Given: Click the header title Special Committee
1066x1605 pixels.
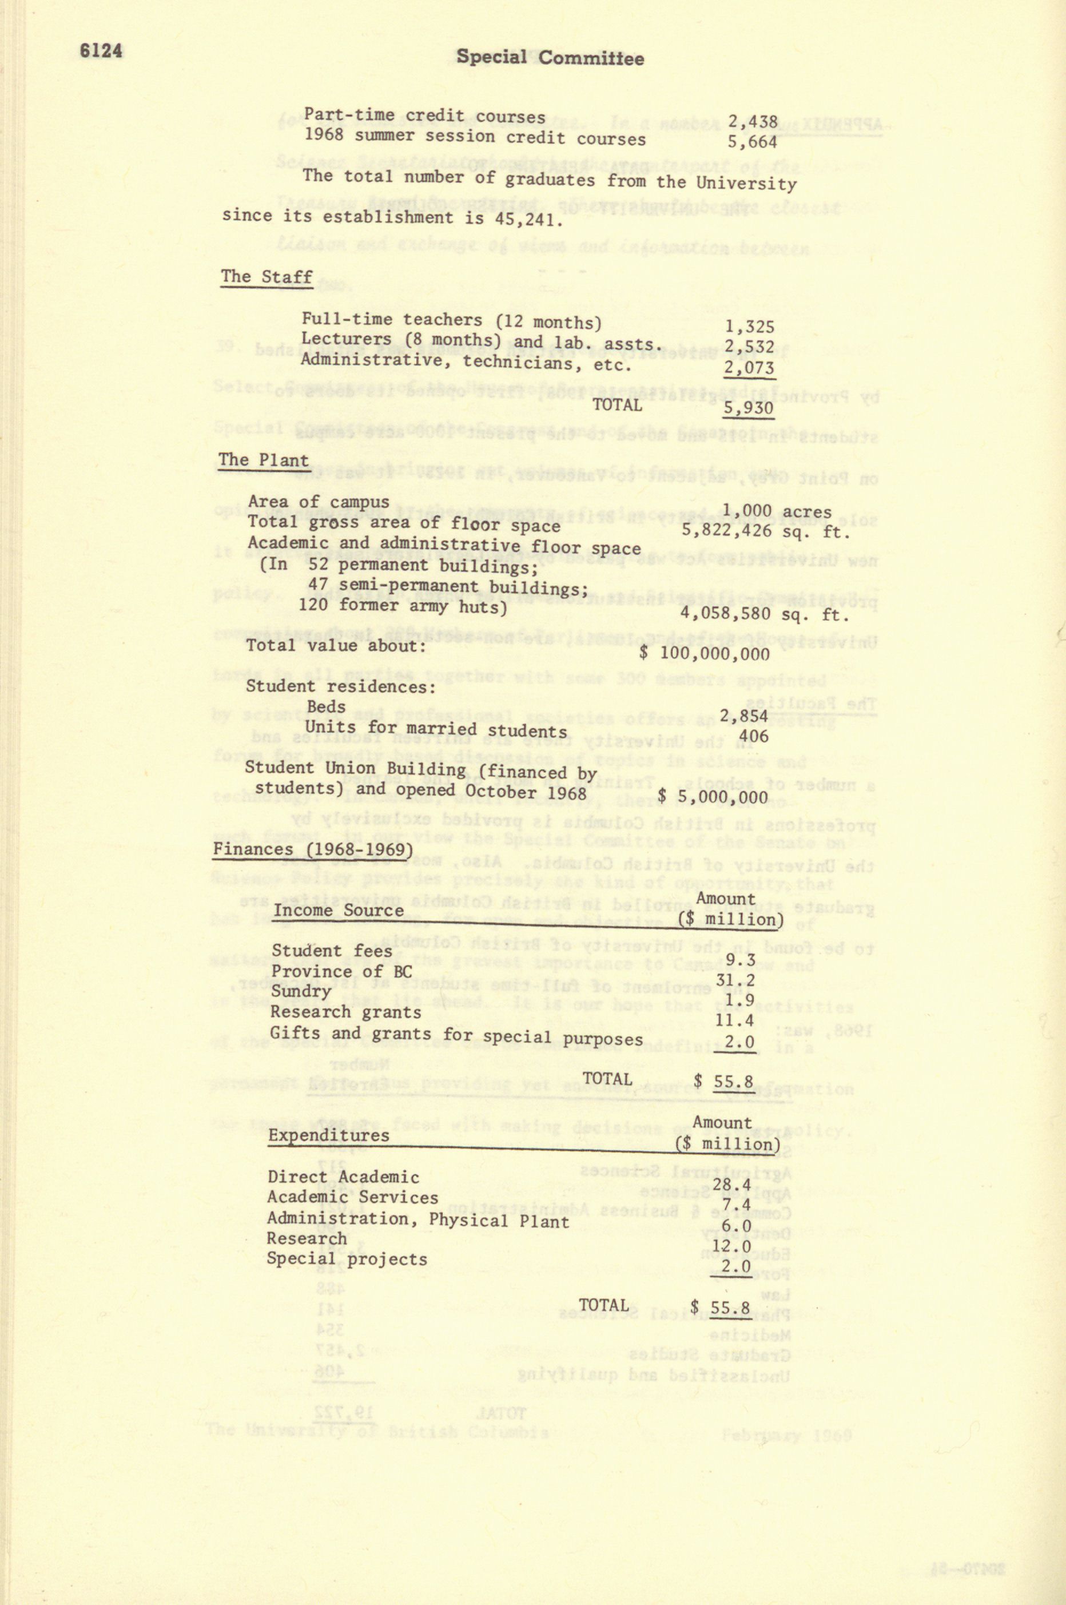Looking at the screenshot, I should [550, 58].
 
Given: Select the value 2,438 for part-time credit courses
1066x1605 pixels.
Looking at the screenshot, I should [752, 122].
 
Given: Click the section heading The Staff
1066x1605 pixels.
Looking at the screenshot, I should [266, 277].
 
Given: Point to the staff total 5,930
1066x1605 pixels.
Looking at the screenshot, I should [749, 408].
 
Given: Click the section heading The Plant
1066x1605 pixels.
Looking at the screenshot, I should [264, 460].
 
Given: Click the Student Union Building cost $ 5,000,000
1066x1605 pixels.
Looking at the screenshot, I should [713, 797].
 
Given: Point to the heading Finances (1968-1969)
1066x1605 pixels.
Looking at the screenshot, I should [313, 850].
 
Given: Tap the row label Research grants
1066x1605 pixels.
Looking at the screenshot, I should [345, 1013].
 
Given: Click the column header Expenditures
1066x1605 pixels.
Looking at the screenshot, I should [328, 1136].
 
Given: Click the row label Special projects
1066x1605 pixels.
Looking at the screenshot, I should [347, 1259].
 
